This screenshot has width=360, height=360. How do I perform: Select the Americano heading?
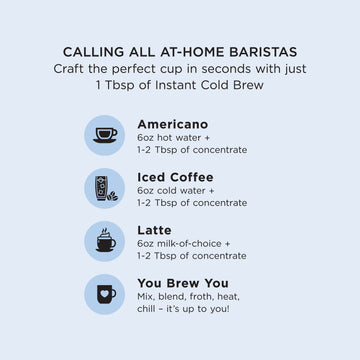point(173,124)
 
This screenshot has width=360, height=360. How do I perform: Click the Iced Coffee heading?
point(175,177)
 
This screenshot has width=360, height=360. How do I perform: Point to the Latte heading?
point(154,230)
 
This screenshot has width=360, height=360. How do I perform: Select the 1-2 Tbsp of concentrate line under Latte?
point(192,256)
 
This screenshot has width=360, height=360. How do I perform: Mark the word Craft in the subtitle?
point(72,68)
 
